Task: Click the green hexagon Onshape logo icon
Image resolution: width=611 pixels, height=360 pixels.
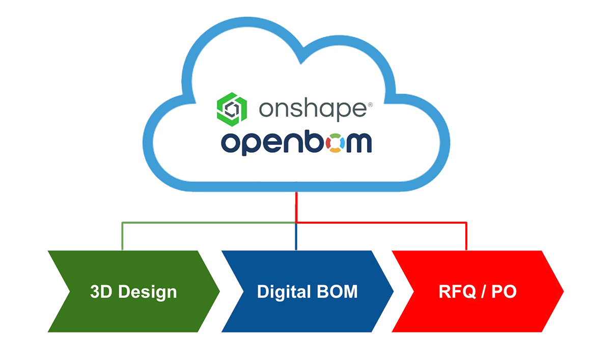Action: (x=232, y=108)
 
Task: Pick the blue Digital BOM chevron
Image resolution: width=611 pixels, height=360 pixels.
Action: (x=307, y=291)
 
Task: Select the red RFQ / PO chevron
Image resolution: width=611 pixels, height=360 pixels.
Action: (x=478, y=291)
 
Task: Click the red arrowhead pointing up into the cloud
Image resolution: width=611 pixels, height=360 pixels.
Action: (x=296, y=201)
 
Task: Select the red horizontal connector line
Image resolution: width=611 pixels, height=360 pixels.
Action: (x=382, y=223)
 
